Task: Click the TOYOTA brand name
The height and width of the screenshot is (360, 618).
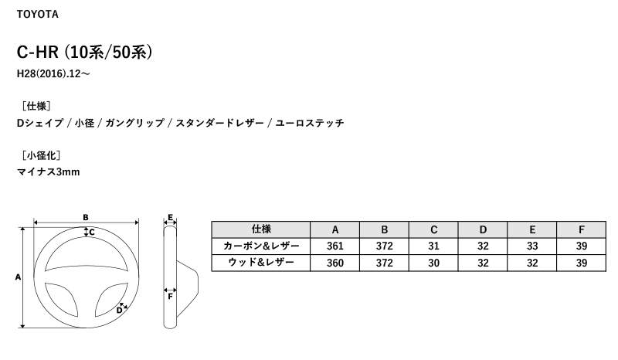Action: [37, 14]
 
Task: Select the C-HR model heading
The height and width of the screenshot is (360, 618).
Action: [84, 52]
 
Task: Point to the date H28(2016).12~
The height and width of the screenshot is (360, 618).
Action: [53, 73]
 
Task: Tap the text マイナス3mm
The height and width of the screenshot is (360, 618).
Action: [48, 172]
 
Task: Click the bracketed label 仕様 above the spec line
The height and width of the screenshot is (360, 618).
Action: [36, 106]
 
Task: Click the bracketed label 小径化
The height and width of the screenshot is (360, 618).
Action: [41, 155]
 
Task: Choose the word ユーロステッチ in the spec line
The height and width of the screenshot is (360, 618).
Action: [310, 123]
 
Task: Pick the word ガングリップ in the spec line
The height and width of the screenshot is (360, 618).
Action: [134, 123]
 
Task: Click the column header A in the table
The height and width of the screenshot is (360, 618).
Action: [335, 229]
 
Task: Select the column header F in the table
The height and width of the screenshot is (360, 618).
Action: [582, 229]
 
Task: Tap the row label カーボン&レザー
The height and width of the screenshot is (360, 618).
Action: [261, 246]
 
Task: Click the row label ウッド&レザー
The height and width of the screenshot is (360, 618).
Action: [261, 263]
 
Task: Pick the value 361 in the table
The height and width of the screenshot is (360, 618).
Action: [335, 246]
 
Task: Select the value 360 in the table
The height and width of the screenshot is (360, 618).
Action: [335, 263]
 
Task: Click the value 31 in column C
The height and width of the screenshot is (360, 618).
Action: [433, 246]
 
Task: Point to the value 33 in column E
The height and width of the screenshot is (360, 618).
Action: [532, 246]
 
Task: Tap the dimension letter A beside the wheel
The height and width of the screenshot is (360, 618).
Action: [18, 277]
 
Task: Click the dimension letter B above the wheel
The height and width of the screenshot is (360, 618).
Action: [86, 217]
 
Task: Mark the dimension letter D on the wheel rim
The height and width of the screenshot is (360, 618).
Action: [119, 311]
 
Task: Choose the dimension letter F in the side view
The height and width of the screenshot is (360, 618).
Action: [170, 297]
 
